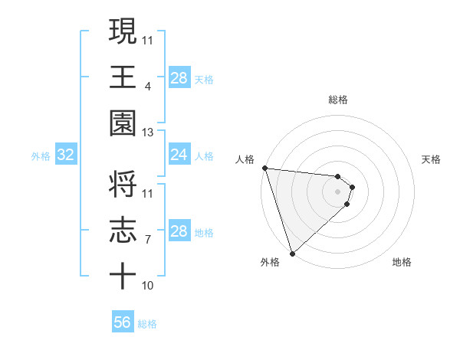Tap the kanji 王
click(123, 77)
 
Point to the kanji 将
click(123, 185)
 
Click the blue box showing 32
click(65, 155)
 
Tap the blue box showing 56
click(123, 322)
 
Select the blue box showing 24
click(179, 155)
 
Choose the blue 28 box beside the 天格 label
click(179, 78)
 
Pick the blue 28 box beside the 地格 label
click(179, 231)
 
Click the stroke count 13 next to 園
click(148, 133)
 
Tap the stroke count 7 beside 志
click(148, 240)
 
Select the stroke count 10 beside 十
click(148, 286)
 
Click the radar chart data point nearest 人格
click(264, 168)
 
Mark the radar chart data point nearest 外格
click(292, 253)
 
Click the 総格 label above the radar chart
click(338, 100)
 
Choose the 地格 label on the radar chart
click(402, 262)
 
